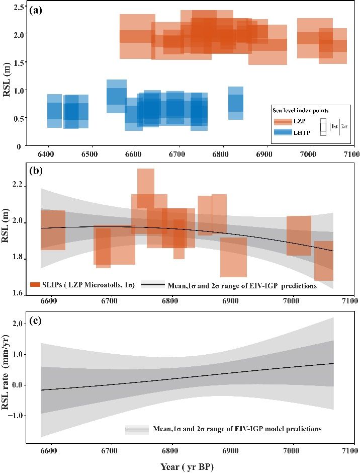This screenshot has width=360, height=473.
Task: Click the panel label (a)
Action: [37, 10]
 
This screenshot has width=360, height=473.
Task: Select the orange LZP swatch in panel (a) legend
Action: [283, 121]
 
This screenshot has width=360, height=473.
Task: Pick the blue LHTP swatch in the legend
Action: [283, 132]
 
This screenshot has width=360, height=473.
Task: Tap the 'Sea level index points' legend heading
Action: [301, 110]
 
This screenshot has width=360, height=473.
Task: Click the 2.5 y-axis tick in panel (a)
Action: [21, 7]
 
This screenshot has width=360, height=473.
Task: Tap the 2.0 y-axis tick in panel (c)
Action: [21, 325]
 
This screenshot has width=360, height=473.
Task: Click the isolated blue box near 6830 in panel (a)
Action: [236, 103]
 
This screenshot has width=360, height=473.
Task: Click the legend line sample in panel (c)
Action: [137, 430]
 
